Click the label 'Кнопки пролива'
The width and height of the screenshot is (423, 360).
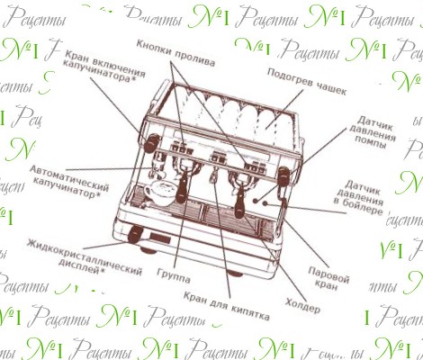pyautogui.click(x=175, y=53)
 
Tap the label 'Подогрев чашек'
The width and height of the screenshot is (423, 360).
pyautogui.click(x=307, y=82)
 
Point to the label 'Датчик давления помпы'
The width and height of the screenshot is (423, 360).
pyautogui.click(x=373, y=132)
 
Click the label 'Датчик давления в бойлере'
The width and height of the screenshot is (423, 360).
pyautogui.click(x=359, y=197)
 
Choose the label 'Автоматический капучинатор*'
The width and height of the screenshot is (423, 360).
pyautogui.click(x=69, y=182)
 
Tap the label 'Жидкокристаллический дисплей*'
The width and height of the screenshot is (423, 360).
pyautogui.click(x=85, y=256)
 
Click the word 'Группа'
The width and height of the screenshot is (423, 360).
pyautogui.click(x=174, y=275)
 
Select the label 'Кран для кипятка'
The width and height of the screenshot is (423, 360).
pyautogui.click(x=226, y=306)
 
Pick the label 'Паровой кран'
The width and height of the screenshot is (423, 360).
pyautogui.click(x=328, y=278)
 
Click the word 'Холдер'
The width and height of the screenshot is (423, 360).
pyautogui.click(x=302, y=305)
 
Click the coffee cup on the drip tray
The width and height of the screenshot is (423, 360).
pyautogui.click(x=159, y=193)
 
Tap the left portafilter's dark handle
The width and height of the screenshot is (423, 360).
pyautogui.click(x=183, y=186)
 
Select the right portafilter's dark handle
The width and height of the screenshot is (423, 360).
pyautogui.click(x=240, y=200)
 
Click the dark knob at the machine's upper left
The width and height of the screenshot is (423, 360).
pyautogui.click(x=151, y=143)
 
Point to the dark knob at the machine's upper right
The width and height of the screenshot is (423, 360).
pyautogui.click(x=283, y=176)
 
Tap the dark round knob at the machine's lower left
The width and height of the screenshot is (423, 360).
pyautogui.click(x=135, y=234)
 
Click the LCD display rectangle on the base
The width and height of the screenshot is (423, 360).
pyautogui.click(x=160, y=238)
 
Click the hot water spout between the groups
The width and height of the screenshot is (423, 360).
pyautogui.click(x=213, y=176)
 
